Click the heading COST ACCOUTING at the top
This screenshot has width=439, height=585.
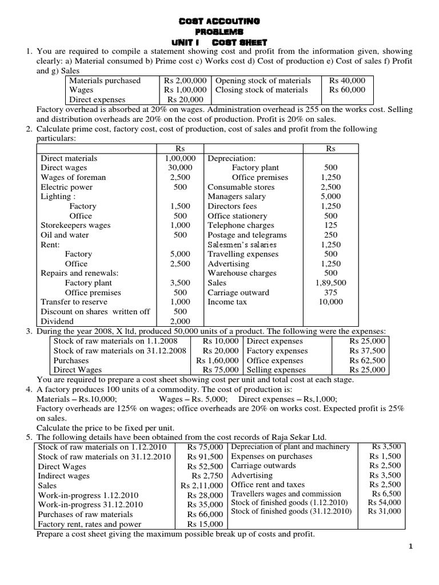[x=220, y=21]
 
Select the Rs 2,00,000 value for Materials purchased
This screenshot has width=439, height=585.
[x=185, y=81]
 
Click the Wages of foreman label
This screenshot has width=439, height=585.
[x=73, y=178]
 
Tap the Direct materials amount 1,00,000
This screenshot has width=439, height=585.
[x=180, y=158]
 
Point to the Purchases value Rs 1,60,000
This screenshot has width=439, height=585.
[x=217, y=360]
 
